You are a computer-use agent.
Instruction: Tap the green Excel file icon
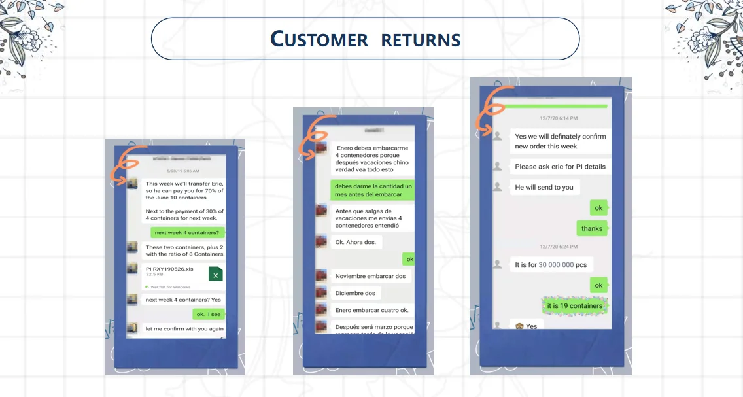(x=215, y=274)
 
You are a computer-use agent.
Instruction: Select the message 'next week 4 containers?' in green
(x=188, y=232)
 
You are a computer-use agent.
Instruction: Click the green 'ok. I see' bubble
(x=209, y=314)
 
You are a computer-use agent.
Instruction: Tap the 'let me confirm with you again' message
(x=184, y=329)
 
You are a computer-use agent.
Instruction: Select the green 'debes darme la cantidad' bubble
(x=372, y=190)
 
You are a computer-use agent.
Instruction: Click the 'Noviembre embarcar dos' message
(x=370, y=276)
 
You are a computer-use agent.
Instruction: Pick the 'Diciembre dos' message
(x=355, y=293)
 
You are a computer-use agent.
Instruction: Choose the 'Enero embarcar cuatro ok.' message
(x=371, y=310)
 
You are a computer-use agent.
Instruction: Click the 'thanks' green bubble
(x=591, y=228)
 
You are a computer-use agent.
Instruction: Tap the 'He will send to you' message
(x=544, y=187)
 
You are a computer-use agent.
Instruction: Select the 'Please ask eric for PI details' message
(x=560, y=166)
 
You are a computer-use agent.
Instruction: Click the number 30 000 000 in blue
(x=556, y=265)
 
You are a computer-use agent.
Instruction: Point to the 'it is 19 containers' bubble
(x=574, y=305)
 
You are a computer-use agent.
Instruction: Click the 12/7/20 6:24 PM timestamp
(x=558, y=247)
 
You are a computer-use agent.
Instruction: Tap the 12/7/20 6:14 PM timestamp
(x=558, y=118)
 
